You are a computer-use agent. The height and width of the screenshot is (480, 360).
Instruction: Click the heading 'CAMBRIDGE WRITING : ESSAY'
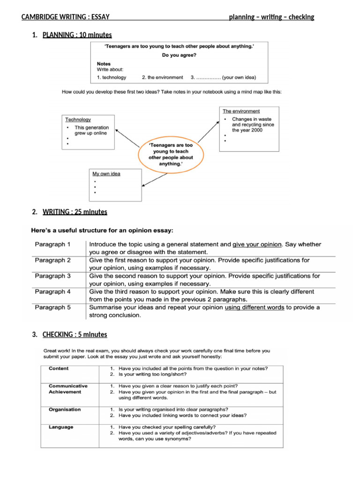[65, 17]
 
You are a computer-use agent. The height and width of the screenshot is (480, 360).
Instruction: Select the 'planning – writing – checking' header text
[271, 17]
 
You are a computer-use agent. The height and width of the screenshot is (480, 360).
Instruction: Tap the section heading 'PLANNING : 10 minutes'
[77, 35]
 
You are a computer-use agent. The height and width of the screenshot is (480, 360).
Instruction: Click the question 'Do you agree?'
[179, 55]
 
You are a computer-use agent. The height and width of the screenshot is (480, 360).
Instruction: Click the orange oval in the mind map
[171, 154]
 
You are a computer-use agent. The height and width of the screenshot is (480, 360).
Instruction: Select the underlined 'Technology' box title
[78, 120]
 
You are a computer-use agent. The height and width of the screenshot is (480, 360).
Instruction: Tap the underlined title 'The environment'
[241, 111]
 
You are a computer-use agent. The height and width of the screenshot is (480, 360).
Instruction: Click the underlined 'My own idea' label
[106, 174]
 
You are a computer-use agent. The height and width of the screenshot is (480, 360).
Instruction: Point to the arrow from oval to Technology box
[127, 138]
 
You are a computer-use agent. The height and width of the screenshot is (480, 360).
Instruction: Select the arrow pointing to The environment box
[208, 131]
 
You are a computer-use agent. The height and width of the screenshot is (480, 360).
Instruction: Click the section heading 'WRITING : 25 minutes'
[75, 212]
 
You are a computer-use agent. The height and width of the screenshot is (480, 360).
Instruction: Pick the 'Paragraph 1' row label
[52, 244]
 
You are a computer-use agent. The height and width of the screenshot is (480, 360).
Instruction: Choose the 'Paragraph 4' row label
[52, 292]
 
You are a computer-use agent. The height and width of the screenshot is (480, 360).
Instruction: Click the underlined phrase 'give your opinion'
[257, 244]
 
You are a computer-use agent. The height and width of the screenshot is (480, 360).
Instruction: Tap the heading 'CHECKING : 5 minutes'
[75, 335]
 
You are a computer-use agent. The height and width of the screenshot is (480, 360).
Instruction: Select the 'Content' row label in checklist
[59, 368]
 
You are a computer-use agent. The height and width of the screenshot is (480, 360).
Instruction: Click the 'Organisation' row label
[65, 409]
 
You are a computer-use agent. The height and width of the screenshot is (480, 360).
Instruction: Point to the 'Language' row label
[61, 427]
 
